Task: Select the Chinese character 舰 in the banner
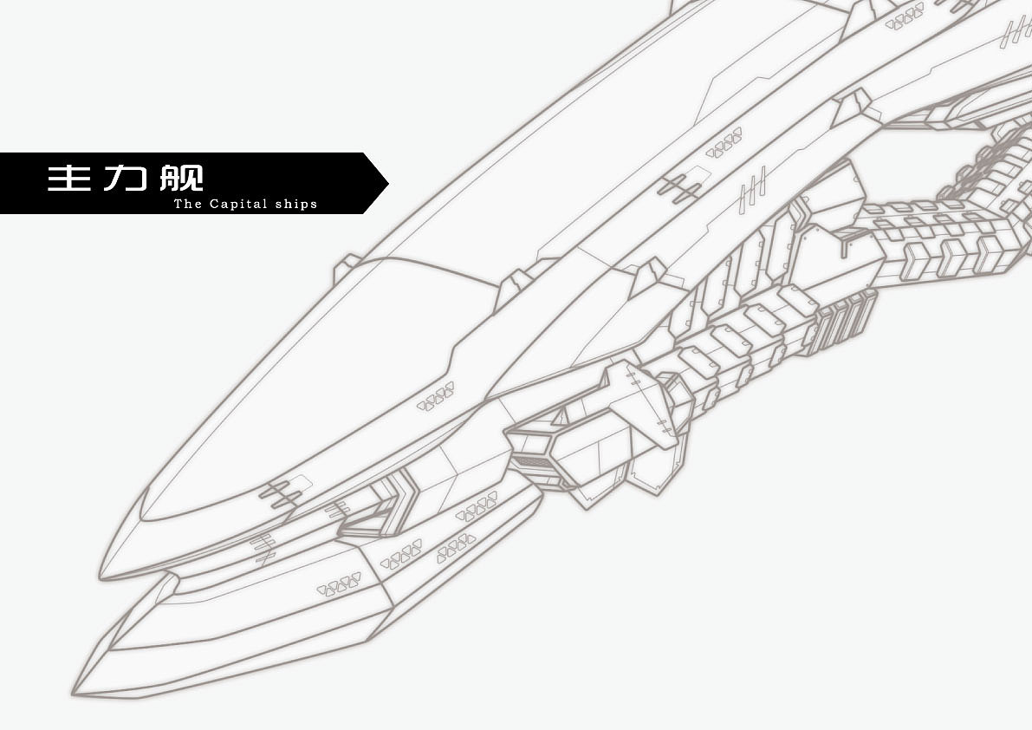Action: point(182,179)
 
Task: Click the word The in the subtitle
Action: point(188,204)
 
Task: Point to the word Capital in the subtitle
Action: point(238,204)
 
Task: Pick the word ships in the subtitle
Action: point(296,204)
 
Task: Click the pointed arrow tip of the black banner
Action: point(387,184)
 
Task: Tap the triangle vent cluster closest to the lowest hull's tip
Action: point(340,583)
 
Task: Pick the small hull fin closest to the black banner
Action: point(347,264)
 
